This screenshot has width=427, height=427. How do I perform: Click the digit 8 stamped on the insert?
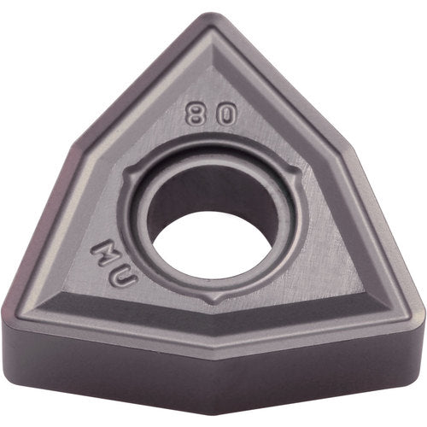coord(195,114)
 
